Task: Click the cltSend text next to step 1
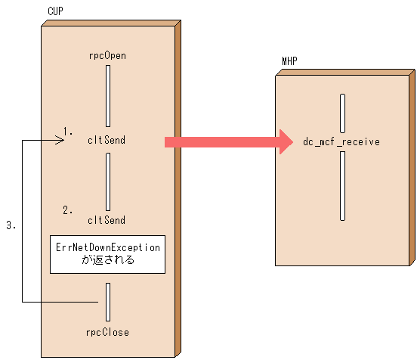(x=107, y=140)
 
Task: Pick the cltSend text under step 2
(x=107, y=220)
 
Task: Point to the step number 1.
(x=68, y=130)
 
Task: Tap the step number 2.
(x=68, y=210)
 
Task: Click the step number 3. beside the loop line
(x=11, y=225)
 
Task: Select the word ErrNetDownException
(x=109, y=247)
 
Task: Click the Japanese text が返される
(x=108, y=260)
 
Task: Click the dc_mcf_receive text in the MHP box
(x=341, y=141)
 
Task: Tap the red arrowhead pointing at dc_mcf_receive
(x=284, y=141)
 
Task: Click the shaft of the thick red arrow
(x=219, y=141)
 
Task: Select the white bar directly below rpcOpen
(x=109, y=95)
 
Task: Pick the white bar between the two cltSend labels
(x=109, y=181)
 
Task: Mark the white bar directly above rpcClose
(x=109, y=301)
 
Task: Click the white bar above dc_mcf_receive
(x=343, y=113)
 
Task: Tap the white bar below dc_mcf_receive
(x=343, y=185)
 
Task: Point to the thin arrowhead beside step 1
(x=58, y=140)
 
